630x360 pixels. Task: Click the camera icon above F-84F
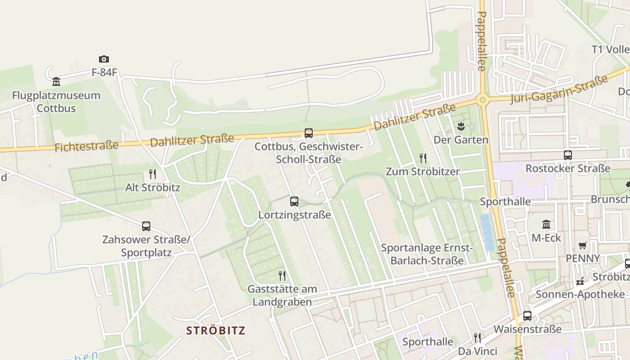104,59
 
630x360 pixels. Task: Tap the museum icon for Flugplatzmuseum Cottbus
56,81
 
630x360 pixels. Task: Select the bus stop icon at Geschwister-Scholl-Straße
309,133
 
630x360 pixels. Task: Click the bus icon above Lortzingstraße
294,201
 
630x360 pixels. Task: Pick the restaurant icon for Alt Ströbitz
153,174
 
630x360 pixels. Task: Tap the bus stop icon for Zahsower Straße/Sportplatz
146,226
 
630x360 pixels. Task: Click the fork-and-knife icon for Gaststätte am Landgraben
282,275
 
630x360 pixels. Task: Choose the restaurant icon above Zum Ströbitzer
423,158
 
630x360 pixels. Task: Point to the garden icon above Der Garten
460,126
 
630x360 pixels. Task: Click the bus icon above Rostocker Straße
568,155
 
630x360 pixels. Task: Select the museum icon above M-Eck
546,224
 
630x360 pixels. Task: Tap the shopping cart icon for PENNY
583,245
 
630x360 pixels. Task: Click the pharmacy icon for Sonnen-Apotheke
580,281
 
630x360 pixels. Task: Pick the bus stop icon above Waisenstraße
527,315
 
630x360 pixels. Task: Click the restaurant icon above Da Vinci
477,337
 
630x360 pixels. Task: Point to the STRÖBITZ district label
216,331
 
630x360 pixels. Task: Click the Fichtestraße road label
86,146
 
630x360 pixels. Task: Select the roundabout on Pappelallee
483,99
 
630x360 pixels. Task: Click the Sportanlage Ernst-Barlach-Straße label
427,254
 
